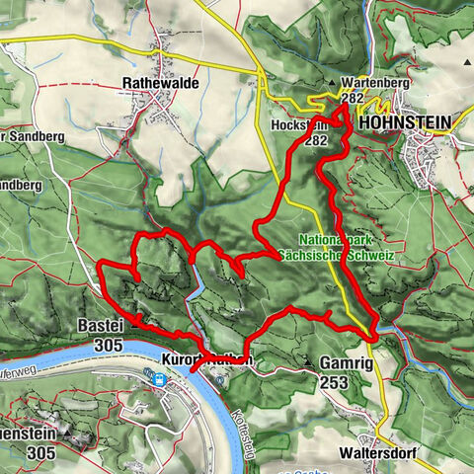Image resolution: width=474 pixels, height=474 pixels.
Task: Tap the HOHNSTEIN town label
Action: [x=404, y=122]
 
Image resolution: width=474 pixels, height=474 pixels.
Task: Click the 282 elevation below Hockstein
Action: [x=315, y=141]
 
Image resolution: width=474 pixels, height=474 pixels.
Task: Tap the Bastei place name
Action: [x=102, y=325]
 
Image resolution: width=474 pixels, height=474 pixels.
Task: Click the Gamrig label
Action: [x=346, y=363]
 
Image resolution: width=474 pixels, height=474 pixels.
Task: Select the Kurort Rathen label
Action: [x=207, y=361]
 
